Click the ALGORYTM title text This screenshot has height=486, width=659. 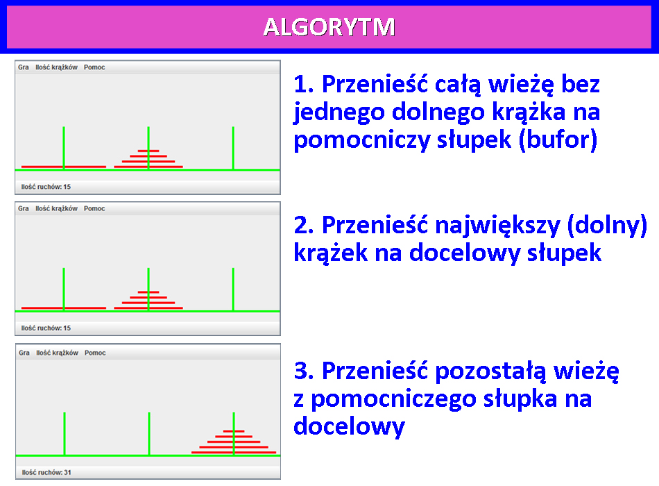(329, 27)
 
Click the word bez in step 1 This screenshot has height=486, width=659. (581, 84)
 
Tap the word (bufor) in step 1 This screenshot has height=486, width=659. (558, 140)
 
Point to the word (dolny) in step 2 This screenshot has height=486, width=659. (607, 226)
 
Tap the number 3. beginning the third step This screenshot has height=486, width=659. (303, 371)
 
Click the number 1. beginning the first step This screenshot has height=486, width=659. (303, 84)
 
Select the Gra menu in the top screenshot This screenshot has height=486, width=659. (24, 67)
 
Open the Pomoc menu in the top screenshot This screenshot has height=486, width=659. (94, 67)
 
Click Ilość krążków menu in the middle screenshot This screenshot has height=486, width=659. (56, 209)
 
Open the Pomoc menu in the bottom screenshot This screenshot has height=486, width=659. (95, 353)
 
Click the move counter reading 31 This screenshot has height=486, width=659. (46, 473)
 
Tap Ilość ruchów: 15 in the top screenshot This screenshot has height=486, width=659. (46, 187)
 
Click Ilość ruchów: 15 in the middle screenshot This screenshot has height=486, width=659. (46, 328)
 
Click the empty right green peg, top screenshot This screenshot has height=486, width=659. (233, 148)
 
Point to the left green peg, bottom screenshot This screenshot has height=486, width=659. (65, 434)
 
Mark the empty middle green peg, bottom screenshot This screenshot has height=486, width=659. (149, 434)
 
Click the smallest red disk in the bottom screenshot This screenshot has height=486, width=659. (234, 431)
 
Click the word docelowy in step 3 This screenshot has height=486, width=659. (349, 427)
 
